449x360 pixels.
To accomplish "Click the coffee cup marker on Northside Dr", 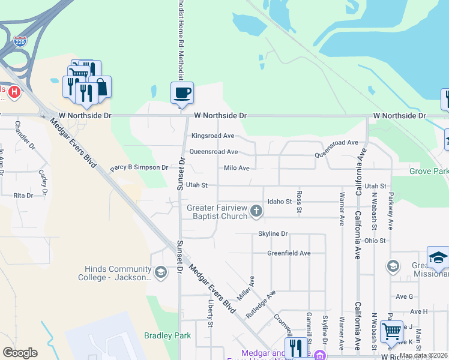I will [182, 93].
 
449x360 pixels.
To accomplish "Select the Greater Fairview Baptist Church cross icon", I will [256, 210].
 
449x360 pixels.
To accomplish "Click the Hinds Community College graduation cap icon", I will [160, 273].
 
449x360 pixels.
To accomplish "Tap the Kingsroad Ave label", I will [212, 136].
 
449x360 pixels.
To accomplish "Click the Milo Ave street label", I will [236, 169].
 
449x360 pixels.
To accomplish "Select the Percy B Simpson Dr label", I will [139, 168].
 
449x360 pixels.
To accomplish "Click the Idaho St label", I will [279, 202].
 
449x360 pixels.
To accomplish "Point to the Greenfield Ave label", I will [289, 253].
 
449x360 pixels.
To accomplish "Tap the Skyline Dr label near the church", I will [273, 233].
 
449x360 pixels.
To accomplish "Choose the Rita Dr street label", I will [23, 196].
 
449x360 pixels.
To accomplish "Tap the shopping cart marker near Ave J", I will [391, 331].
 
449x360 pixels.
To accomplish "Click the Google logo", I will [20, 353].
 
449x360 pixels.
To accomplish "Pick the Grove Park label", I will [429, 172].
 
